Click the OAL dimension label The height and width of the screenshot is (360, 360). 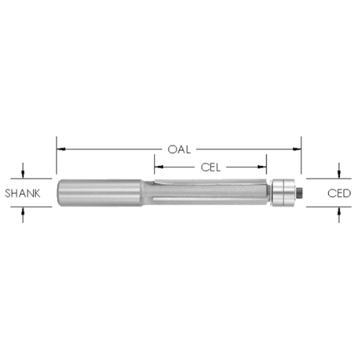pos(179,150)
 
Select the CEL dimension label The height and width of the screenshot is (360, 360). pos(210,168)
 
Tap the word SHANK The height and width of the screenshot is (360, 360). pos(22,194)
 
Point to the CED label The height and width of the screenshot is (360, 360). pos(339,193)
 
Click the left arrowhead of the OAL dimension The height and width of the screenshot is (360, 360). pos(61,149)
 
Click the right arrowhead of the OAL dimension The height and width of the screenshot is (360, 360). pos(297,149)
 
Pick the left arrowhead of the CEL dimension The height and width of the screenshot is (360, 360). pos(159,167)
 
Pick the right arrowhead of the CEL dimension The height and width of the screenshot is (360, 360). pos(262,167)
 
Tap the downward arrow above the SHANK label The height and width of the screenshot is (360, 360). pos(23,171)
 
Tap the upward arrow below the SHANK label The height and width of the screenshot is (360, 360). pos(23,215)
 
